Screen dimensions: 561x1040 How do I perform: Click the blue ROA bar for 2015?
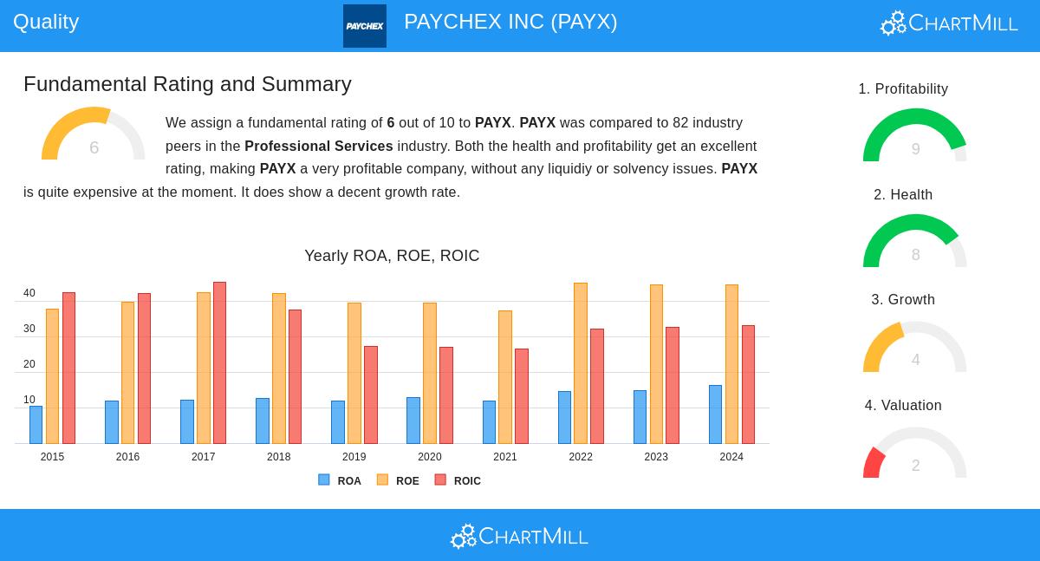click(36, 425)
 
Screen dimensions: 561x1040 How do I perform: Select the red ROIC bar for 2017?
click(219, 362)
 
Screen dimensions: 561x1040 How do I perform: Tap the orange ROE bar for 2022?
click(581, 363)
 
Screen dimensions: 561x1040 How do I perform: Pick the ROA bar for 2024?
click(715, 414)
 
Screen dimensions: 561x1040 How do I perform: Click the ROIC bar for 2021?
click(522, 396)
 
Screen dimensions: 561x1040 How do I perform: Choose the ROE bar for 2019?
click(354, 373)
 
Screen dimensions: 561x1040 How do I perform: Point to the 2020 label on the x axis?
click(430, 457)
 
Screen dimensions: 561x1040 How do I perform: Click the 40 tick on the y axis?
click(29, 294)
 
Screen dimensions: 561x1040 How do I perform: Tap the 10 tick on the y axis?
click(29, 401)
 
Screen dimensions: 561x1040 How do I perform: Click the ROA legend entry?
click(340, 480)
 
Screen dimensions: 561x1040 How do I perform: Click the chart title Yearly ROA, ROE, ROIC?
click(392, 256)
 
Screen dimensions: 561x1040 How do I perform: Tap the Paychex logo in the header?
click(365, 26)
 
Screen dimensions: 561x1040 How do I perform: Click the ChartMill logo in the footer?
click(519, 537)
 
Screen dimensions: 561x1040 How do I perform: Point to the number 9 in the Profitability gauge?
click(915, 149)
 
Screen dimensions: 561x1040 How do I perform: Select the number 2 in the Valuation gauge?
click(915, 466)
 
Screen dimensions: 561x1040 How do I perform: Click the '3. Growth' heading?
click(903, 300)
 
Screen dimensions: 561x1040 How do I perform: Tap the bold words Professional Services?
click(319, 147)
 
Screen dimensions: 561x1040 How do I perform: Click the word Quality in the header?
click(46, 22)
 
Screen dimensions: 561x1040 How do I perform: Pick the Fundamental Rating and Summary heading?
click(187, 84)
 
